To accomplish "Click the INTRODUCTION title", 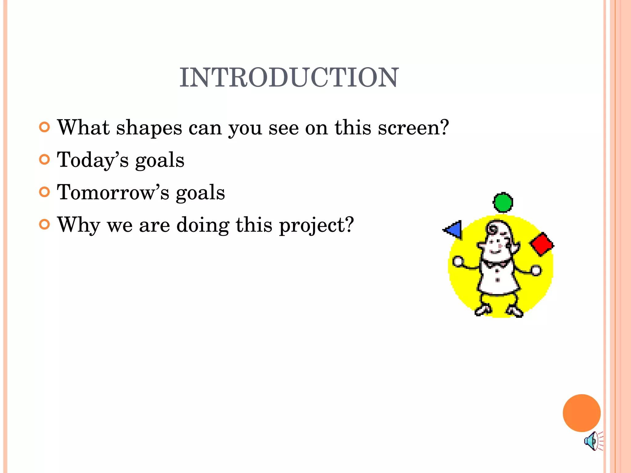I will coord(289,78).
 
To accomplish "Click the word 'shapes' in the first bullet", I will coord(149,128).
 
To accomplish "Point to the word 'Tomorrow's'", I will coord(113,193).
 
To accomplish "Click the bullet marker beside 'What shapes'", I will coord(45,127).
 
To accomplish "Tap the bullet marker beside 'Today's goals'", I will coord(45,160).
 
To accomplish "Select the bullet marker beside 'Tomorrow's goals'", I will coord(45,192).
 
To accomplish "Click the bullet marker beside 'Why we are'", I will coord(45,224).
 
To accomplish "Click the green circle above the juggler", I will coord(503,202).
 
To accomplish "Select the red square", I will coord(542,244).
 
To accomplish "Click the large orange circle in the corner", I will coord(581,413).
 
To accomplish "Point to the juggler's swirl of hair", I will coord(493,229).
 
